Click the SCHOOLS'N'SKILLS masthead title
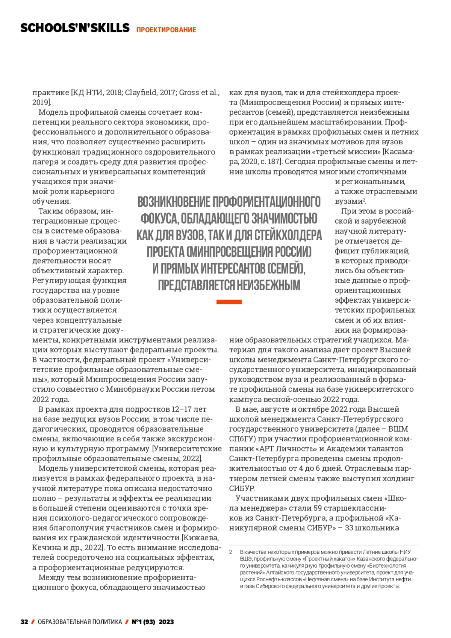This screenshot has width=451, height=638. tap(75, 28)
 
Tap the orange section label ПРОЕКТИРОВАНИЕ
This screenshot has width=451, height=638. tap(166, 30)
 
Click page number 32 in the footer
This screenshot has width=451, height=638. tap(24, 622)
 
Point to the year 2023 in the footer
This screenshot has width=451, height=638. tap(166, 622)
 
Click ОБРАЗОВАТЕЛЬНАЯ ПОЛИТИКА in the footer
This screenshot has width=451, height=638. tap(80, 622)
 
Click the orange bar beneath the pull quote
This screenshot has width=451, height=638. tap(229, 302)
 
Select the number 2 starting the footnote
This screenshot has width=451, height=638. tap(231, 552)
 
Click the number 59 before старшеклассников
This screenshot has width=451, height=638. tap(318, 508)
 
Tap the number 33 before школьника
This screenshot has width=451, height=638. tap(349, 528)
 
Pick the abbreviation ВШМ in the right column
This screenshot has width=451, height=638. tap(398, 429)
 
